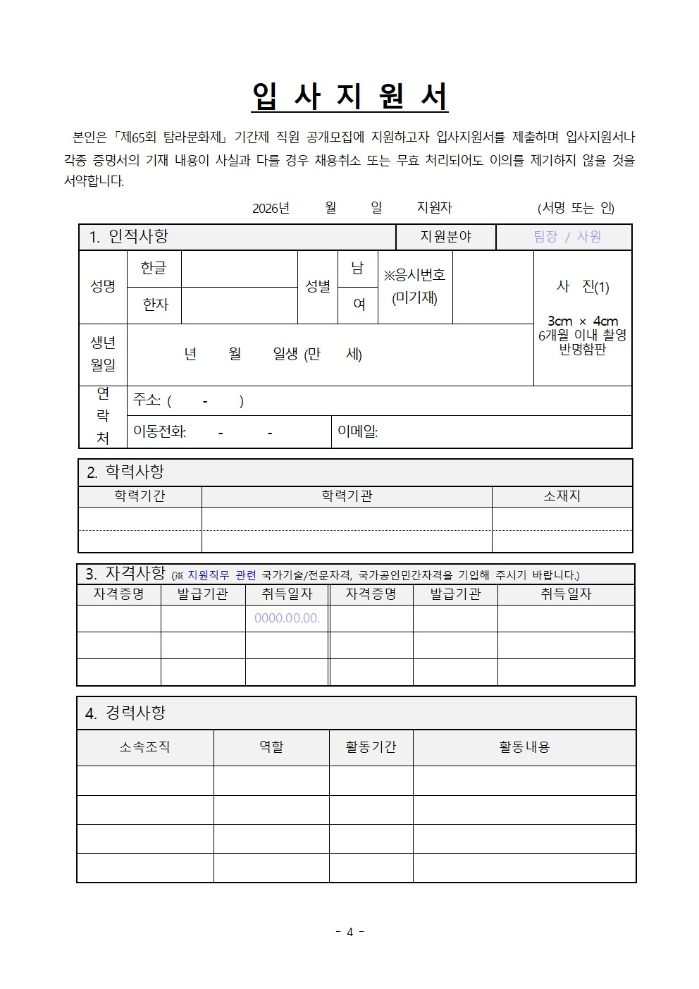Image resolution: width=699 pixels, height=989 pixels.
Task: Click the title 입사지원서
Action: click(349, 97)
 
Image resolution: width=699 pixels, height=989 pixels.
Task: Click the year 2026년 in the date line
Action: click(271, 208)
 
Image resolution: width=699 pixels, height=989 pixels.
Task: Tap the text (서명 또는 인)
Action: click(576, 208)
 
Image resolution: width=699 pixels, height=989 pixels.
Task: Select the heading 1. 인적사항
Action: click(129, 237)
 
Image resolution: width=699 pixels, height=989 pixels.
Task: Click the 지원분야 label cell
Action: click(445, 237)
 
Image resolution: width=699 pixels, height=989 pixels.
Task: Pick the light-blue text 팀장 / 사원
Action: click(567, 237)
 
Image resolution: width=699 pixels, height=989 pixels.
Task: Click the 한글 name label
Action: click(154, 269)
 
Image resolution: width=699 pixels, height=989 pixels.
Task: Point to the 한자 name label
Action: click(155, 305)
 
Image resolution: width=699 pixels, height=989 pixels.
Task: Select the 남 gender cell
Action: click(357, 269)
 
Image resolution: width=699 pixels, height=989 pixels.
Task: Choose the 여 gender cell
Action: click(359, 305)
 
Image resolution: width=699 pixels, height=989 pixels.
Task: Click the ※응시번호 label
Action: click(414, 275)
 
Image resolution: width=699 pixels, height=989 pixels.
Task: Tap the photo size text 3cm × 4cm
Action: click(582, 321)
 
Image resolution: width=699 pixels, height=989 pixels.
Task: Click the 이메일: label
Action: click(358, 431)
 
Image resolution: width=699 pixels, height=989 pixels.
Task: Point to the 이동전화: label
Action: click(160, 431)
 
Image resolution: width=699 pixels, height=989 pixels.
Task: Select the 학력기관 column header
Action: click(347, 496)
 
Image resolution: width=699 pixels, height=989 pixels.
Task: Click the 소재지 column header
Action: click(562, 496)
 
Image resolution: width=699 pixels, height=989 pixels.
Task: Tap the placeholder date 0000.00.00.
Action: click(287, 618)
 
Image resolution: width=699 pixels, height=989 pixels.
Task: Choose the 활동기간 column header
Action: click(371, 747)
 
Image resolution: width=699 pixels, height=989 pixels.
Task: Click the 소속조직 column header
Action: click(144, 747)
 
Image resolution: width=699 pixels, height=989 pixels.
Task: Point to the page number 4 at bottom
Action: click(349, 932)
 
